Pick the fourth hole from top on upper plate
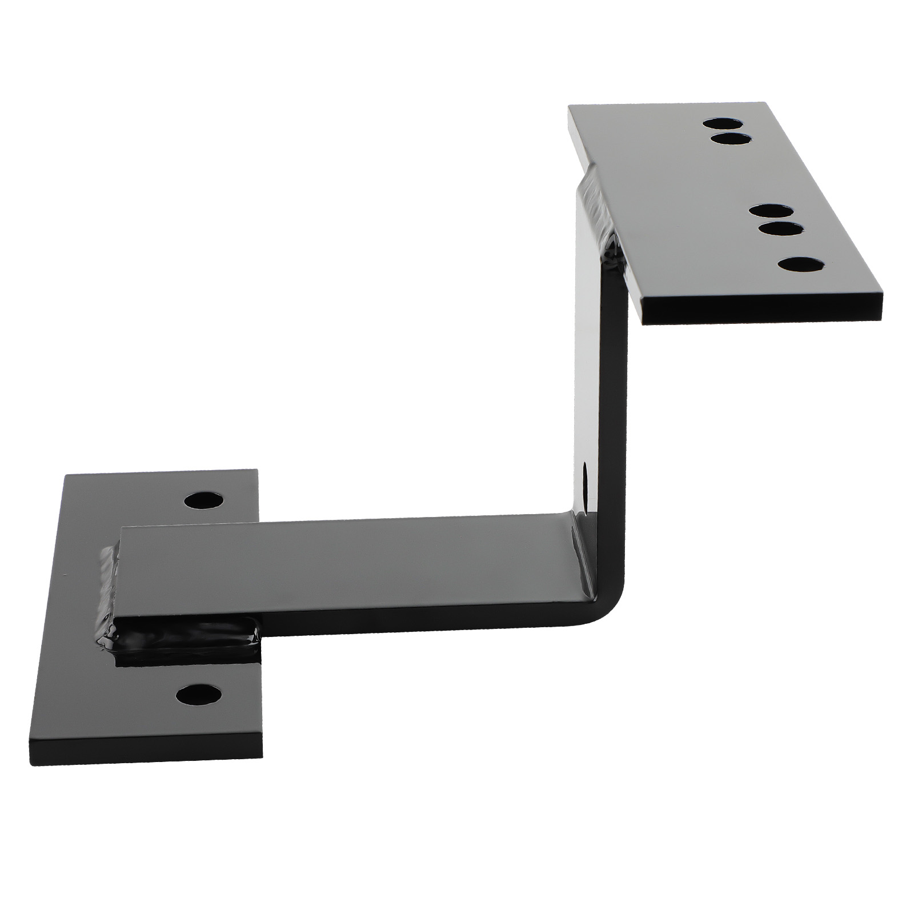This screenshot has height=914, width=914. pyautogui.click(x=780, y=230)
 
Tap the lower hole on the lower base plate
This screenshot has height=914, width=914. pyautogui.click(x=199, y=695)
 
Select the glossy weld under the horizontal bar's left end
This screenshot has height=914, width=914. pyautogui.click(x=183, y=646)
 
